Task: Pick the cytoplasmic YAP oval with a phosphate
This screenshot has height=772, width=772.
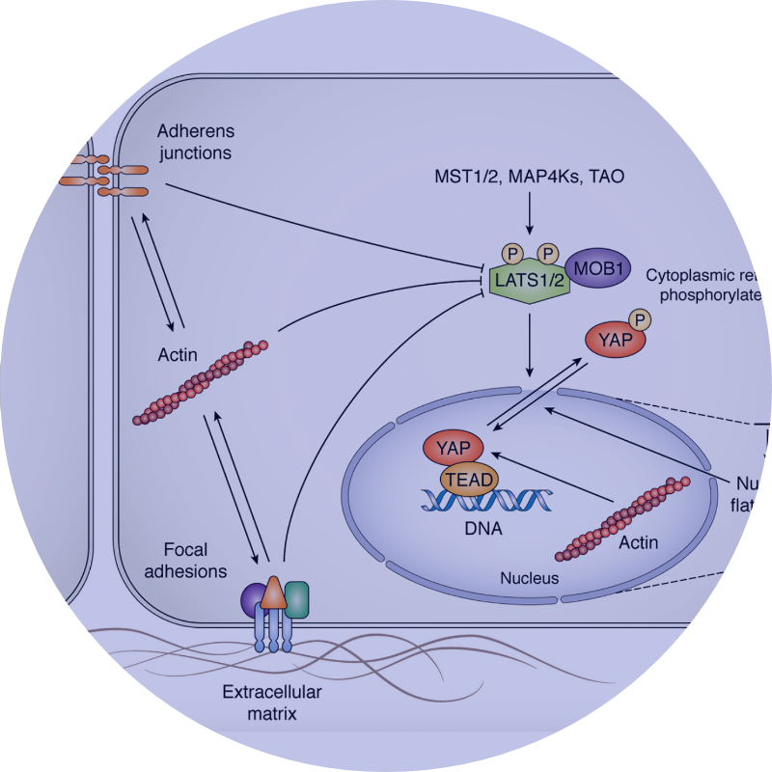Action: pos(612,341)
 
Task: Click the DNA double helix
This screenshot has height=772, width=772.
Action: pos(479,503)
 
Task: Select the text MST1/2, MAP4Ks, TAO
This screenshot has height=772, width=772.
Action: pos(529,178)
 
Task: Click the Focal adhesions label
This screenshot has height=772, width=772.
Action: pos(193,561)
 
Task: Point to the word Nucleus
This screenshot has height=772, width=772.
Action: pos(529,578)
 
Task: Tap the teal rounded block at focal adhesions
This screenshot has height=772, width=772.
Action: pos(296,598)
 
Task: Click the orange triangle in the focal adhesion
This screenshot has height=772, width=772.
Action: pos(273,593)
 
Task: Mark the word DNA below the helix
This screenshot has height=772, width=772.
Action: pos(479,529)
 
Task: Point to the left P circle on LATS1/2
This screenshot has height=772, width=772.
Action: pos(514,252)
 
